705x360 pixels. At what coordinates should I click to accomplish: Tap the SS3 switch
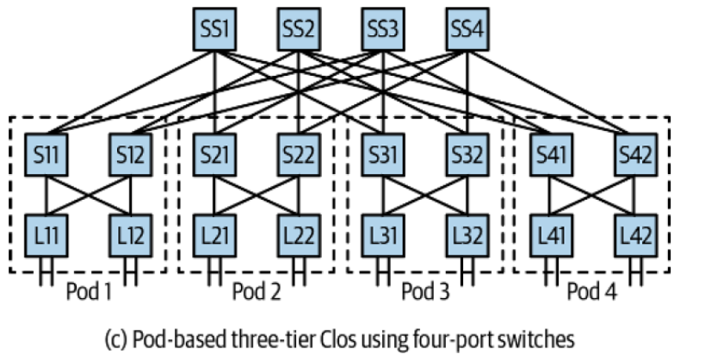click(x=384, y=33)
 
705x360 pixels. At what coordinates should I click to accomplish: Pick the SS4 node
click(x=468, y=33)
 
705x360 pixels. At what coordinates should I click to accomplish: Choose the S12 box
click(x=131, y=158)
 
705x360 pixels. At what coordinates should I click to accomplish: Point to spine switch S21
click(x=215, y=158)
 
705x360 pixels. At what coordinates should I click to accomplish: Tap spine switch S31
click(x=384, y=158)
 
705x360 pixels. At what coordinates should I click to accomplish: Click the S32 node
click(x=468, y=158)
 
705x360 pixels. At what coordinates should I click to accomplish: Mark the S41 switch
click(x=552, y=158)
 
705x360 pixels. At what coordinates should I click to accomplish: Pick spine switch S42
click(x=636, y=158)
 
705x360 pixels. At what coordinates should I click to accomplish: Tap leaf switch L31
click(x=384, y=234)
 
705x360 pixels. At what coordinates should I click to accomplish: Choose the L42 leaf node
click(x=636, y=234)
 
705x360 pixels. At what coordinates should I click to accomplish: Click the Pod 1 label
click(x=89, y=291)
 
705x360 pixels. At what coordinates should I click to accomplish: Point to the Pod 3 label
click(x=426, y=291)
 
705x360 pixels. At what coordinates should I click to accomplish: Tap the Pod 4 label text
click(x=594, y=291)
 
